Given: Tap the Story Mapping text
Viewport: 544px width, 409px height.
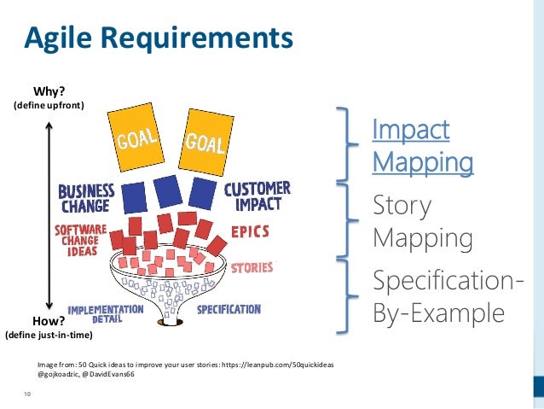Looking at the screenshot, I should click(422, 221).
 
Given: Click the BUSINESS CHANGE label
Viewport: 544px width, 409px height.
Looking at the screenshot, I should click(86, 198).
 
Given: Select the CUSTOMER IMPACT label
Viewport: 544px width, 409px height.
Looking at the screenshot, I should click(257, 197).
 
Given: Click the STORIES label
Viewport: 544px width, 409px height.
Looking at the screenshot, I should click(252, 267).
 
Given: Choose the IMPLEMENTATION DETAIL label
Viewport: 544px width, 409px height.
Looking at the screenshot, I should click(105, 313).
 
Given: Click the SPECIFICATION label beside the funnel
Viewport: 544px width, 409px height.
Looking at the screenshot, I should click(229, 309).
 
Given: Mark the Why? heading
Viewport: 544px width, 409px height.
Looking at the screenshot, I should click(49, 91).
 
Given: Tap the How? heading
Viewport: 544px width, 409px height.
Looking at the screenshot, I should click(49, 321).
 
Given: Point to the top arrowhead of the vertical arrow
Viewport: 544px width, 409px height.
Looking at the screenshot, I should click(49, 125).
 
